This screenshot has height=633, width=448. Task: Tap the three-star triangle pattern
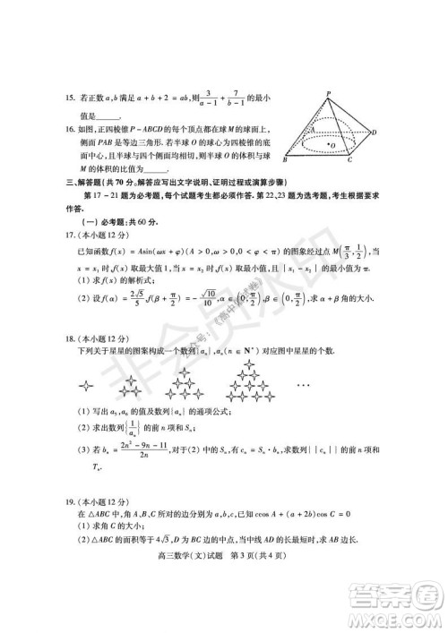click(x=134, y=383)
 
